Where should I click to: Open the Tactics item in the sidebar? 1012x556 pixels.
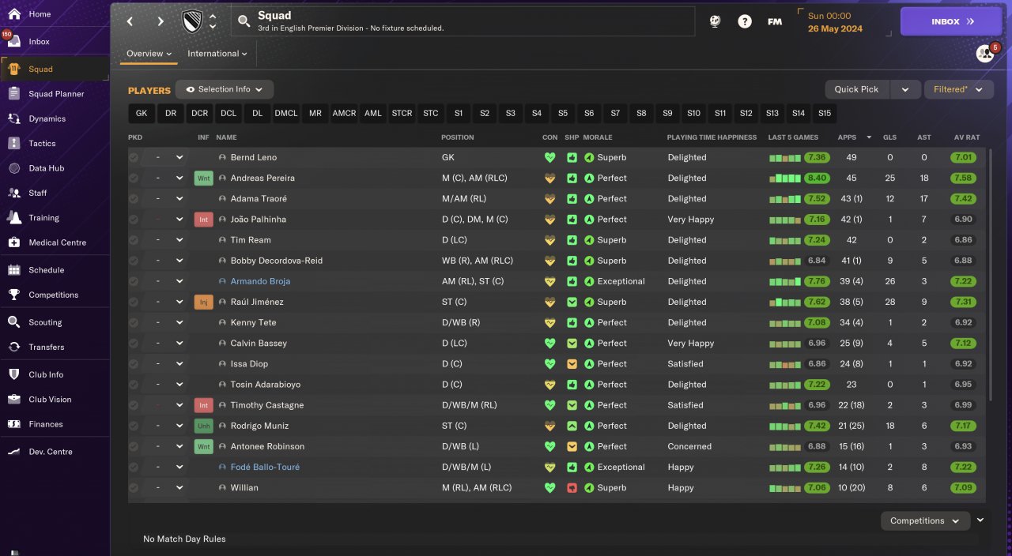click(x=43, y=144)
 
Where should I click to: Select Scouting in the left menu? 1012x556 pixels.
click(x=45, y=322)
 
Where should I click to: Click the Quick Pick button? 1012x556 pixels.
click(x=856, y=89)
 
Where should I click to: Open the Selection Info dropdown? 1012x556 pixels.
click(x=225, y=89)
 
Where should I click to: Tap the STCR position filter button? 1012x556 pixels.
click(x=402, y=113)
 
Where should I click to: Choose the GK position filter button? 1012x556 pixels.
click(x=142, y=113)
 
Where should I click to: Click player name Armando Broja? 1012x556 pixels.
click(x=260, y=281)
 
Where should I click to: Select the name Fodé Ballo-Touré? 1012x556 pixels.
click(x=265, y=467)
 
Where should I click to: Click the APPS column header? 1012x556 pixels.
click(x=847, y=137)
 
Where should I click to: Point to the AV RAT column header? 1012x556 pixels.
click(x=966, y=137)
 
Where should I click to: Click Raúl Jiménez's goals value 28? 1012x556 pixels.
click(x=889, y=302)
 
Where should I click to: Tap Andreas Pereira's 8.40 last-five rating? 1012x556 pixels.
click(x=817, y=178)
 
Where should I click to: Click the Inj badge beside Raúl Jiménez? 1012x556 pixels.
click(x=203, y=302)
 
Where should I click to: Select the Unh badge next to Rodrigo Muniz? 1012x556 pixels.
click(x=203, y=426)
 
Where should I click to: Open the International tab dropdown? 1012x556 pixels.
click(x=217, y=54)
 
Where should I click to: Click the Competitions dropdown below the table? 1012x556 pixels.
click(x=924, y=520)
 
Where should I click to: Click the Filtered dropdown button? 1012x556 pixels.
click(x=958, y=89)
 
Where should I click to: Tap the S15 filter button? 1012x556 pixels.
click(x=825, y=113)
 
